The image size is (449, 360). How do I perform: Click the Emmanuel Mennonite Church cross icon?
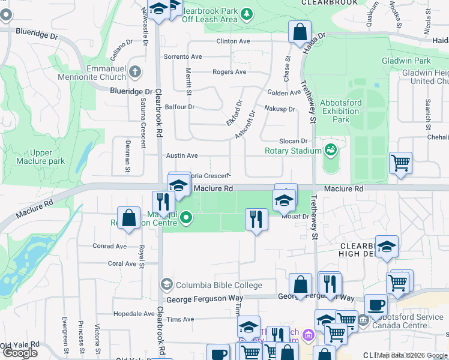point(135,71)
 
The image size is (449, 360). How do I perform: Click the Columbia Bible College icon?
point(166,285)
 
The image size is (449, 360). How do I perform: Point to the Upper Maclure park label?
point(47,157)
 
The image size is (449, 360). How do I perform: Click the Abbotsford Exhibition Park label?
point(341,111)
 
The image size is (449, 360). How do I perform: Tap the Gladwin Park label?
point(406,61)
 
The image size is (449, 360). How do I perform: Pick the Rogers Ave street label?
point(229,72)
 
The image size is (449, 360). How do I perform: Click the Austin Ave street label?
point(182,155)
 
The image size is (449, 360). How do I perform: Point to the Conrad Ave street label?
point(109,246)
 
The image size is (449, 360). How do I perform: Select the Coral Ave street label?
point(122,263)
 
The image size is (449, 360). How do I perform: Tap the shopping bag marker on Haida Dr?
point(300,31)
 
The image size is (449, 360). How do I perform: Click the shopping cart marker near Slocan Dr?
point(400,162)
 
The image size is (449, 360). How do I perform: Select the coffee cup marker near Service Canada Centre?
point(376,305)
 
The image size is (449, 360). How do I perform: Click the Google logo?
point(20,353)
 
